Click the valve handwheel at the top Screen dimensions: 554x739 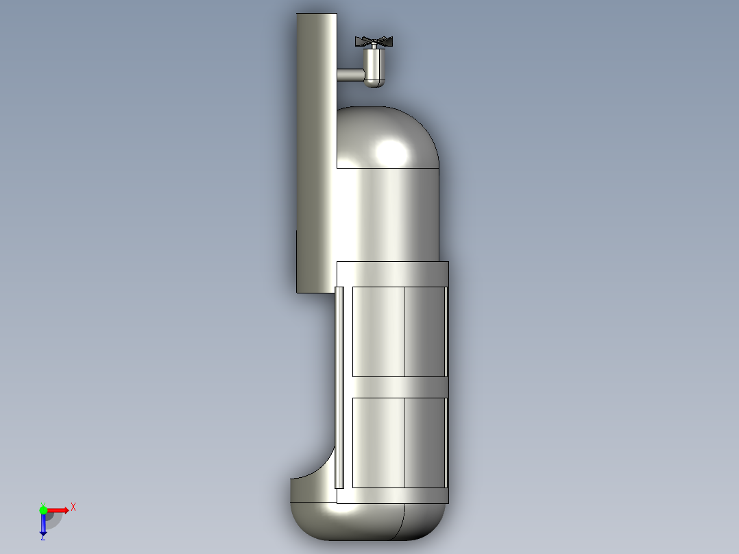(374, 42)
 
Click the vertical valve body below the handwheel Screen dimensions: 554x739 (374, 65)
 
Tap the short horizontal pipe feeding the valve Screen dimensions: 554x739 (350, 75)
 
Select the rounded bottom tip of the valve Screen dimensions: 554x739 (374, 84)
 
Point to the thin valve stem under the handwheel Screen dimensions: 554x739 (374, 48)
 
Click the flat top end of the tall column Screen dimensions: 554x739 (317, 14)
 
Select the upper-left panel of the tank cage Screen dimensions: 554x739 (378, 331)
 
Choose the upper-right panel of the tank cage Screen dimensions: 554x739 (425, 331)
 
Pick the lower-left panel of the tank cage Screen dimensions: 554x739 (378, 442)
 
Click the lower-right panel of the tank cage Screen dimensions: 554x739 (425, 442)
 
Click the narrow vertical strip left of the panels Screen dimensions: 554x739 (339, 387)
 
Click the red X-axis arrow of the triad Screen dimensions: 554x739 (58, 510)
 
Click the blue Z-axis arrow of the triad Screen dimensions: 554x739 (43, 525)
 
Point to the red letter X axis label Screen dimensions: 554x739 (73, 507)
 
